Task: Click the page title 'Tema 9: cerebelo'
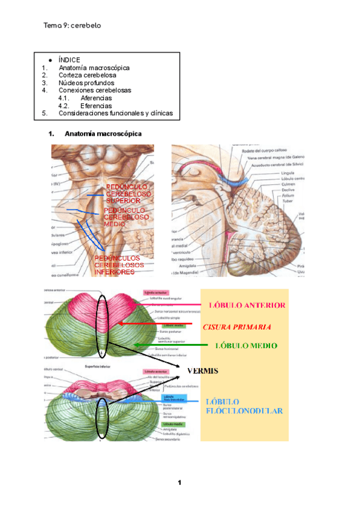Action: click(72, 26)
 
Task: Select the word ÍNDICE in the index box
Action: click(69, 60)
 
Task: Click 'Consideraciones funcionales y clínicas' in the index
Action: click(115, 113)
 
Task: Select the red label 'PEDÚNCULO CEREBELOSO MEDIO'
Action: click(125, 217)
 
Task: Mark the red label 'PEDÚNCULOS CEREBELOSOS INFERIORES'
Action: click(119, 265)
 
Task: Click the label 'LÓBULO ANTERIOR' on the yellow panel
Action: click(247, 305)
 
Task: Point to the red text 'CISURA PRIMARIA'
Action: click(237, 327)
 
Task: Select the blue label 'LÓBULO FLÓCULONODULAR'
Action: click(244, 406)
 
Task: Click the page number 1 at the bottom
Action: click(179, 483)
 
